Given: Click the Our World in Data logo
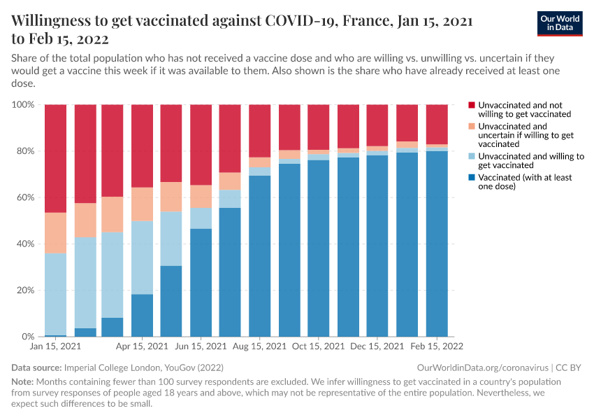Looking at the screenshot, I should (x=559, y=24).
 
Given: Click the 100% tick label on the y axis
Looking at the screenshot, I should (x=24, y=104).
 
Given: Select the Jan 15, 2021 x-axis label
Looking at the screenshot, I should (x=55, y=346).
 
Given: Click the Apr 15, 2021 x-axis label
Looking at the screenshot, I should (x=143, y=346).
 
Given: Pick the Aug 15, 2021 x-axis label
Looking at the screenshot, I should (x=260, y=346).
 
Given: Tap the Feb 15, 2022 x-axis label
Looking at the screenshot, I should (x=437, y=346).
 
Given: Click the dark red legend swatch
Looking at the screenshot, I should (x=472, y=104).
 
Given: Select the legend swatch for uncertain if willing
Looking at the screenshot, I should (x=472, y=127).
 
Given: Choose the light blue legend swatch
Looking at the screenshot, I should (x=472, y=157).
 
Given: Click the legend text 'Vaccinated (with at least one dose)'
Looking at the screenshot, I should (x=525, y=182).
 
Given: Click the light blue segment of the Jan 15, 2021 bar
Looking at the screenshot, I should (x=55, y=294).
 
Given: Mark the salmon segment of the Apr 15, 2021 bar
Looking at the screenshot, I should (x=143, y=204).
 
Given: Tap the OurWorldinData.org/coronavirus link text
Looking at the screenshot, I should (x=481, y=367).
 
